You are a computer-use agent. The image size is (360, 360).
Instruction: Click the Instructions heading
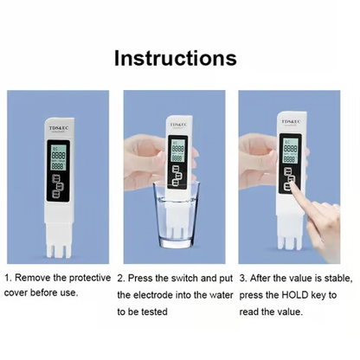pyautogui.click(x=175, y=59)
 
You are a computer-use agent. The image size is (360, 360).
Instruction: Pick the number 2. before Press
pyautogui.click(x=122, y=279)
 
